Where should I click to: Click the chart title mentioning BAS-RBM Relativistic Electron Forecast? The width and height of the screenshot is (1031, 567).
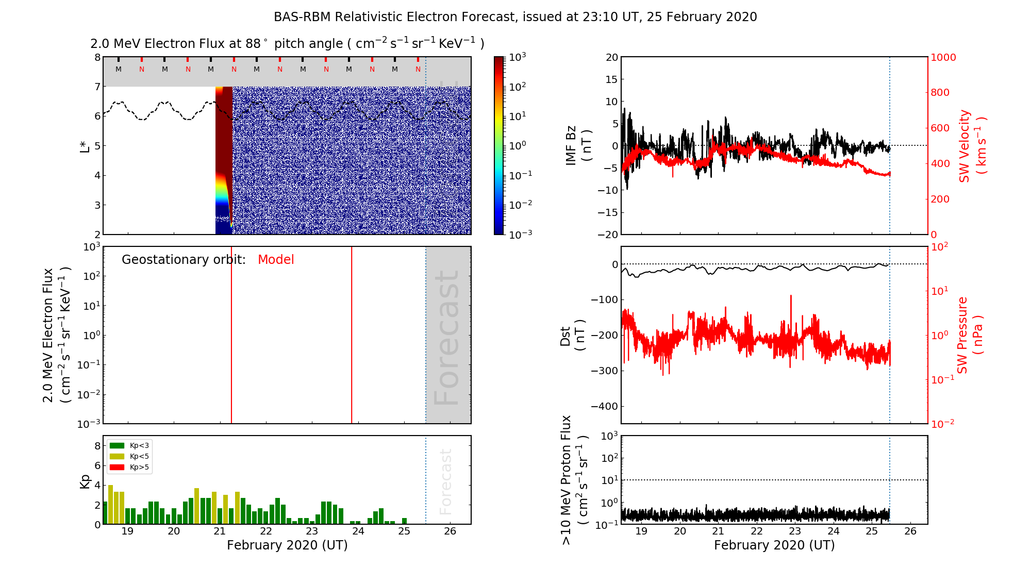(x=515, y=17)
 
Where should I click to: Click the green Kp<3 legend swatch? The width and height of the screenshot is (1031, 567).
(x=117, y=445)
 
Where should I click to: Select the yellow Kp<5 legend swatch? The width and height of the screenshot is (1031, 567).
(x=117, y=456)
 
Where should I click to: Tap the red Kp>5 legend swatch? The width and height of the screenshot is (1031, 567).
(x=117, y=468)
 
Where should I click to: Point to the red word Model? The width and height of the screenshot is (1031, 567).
(x=276, y=260)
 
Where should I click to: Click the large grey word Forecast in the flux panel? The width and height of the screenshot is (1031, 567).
(x=446, y=338)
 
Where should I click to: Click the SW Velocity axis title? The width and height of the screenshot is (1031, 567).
(x=972, y=146)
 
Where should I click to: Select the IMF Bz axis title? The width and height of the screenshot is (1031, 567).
(x=578, y=145)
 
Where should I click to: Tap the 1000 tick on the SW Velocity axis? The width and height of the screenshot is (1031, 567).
(x=943, y=57)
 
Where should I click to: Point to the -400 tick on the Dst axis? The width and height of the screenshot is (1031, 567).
(x=604, y=406)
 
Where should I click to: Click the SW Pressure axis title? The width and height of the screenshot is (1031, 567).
(x=970, y=335)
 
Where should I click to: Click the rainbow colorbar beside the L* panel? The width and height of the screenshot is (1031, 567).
(x=499, y=145)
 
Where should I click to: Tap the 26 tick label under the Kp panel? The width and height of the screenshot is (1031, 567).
(x=450, y=531)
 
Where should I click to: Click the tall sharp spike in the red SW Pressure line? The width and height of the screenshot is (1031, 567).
(x=791, y=298)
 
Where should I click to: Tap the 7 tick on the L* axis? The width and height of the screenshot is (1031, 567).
(x=97, y=87)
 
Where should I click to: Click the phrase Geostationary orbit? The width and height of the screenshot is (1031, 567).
(x=184, y=260)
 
